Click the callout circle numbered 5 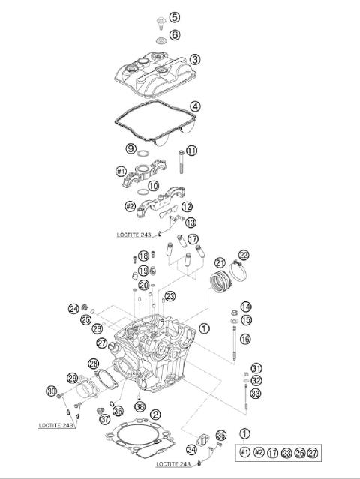click(x=174, y=17)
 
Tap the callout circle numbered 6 click(x=174, y=34)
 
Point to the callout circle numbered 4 click(x=194, y=106)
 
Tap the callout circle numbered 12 click(x=187, y=207)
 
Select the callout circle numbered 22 click(x=244, y=256)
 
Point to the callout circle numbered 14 click(x=246, y=307)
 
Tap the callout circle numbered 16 click(x=246, y=339)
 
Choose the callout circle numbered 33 click(x=256, y=393)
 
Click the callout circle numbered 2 click(x=155, y=414)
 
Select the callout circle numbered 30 click(x=51, y=391)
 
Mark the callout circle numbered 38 click(x=139, y=406)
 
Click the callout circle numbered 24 click(x=73, y=308)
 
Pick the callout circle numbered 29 click(x=73, y=378)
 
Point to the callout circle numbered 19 click(x=142, y=270)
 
